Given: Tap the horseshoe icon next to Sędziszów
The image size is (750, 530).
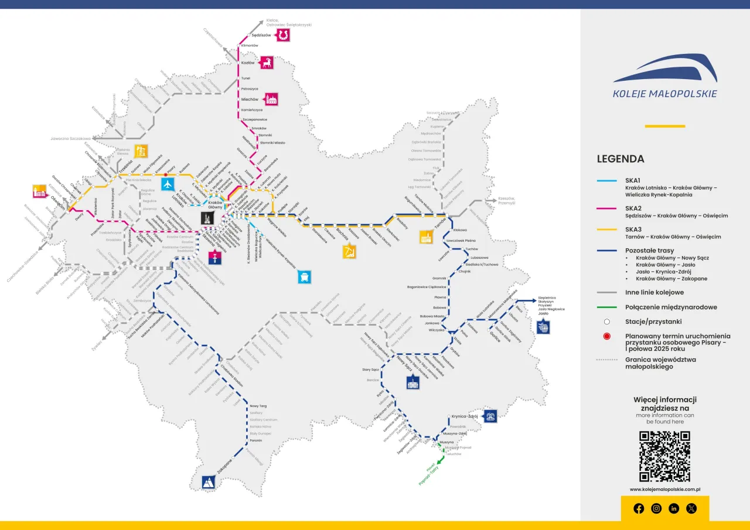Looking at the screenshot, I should point(284,36).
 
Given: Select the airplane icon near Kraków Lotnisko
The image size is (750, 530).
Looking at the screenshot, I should point(168,184).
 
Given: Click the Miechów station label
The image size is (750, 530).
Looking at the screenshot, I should point(250,100).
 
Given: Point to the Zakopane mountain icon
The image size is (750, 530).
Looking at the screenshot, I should point(209,482).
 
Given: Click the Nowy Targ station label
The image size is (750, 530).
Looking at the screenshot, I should point(258,406).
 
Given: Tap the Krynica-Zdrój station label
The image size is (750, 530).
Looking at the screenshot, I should point(465,416).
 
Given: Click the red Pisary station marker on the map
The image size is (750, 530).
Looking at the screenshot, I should point(165,175).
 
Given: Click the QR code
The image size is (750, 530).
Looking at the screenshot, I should point(664,456).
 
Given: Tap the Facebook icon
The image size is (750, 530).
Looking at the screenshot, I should point(639,508).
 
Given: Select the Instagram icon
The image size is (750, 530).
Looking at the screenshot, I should point(656,508).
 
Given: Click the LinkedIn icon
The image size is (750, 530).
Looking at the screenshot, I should point(674,508).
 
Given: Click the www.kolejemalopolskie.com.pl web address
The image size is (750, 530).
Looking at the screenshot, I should point(665,489).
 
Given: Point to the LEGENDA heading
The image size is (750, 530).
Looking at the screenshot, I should point(621,159).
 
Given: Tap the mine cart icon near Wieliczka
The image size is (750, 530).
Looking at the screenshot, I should point(304,275).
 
